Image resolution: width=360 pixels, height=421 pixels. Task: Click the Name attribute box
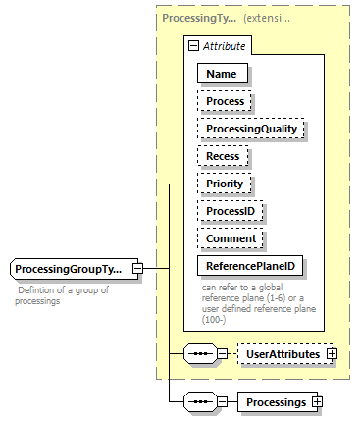coord(223,73)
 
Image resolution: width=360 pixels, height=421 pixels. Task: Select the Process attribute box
coord(225,101)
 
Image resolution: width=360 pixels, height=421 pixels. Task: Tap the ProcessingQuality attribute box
coord(251,129)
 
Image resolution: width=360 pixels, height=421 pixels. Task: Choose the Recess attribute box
coord(223,156)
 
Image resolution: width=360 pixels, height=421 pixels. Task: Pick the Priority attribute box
coord(225,184)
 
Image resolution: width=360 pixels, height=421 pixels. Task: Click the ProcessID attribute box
coord(231,211)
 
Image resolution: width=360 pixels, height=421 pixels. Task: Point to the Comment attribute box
coord(231,238)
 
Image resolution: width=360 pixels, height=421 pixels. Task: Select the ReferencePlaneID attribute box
coord(249,266)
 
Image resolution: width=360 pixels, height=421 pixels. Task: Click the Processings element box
coord(275,401)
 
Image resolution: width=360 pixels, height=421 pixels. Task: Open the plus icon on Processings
coord(317,401)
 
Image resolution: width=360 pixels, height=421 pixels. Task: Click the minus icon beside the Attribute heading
coord(195,45)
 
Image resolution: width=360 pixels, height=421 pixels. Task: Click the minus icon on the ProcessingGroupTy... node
coord(137,269)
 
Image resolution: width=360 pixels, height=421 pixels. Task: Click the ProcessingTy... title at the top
coord(198,18)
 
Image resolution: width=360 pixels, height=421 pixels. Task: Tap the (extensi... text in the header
coord(275,18)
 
